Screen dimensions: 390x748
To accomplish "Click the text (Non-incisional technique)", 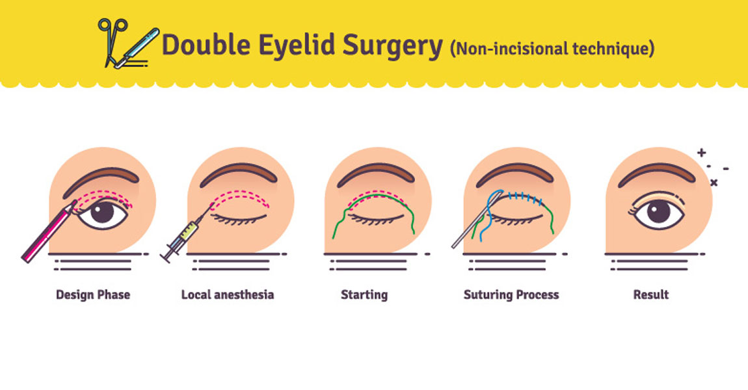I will pos(552,48).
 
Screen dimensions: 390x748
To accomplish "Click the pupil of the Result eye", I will pos(658,213).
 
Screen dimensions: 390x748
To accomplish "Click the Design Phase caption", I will pos(93,294).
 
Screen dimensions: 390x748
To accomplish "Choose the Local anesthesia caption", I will pos(228,294).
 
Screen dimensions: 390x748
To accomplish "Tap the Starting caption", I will pos(364,294).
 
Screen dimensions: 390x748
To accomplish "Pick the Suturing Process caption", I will pos(511,294).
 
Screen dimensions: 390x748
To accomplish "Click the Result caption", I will pos(651,294).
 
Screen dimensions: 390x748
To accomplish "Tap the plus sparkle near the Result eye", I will pos(701,153).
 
